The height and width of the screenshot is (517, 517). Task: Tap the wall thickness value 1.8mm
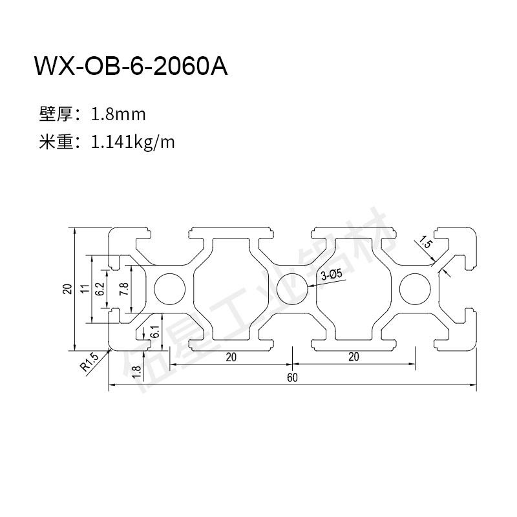[x=119, y=115]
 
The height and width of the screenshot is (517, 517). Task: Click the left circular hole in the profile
[x=169, y=288]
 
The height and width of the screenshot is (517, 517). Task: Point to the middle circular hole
[x=292, y=288]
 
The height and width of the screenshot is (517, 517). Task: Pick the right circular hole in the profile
[x=416, y=288]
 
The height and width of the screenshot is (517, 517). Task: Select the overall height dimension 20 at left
[x=67, y=288]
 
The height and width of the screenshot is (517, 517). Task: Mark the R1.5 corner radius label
[x=89, y=361]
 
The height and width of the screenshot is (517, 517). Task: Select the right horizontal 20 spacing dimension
[x=353, y=357]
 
